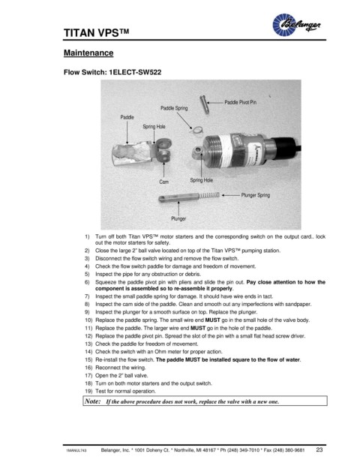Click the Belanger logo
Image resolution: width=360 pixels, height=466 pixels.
(296, 25)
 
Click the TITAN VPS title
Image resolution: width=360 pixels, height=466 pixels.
(97, 33)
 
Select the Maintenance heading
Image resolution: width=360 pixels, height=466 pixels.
(88, 53)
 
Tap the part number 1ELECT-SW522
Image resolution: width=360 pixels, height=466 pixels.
(135, 72)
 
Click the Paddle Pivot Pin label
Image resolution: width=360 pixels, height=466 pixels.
(240, 102)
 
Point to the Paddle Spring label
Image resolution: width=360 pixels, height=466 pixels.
(174, 108)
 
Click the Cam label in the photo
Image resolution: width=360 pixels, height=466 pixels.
(164, 182)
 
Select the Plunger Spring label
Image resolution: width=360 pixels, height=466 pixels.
(256, 195)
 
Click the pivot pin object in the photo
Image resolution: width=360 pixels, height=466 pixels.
(204, 104)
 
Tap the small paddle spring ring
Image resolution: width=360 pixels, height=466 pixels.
(196, 130)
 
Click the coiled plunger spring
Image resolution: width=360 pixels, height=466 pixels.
(209, 196)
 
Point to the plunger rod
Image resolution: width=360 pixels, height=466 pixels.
(178, 197)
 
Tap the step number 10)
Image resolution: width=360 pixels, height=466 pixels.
(88, 320)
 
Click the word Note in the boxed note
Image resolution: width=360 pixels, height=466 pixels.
(93, 401)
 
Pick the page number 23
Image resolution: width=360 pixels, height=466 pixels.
(319, 449)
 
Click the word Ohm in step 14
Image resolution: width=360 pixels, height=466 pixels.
(160, 352)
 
